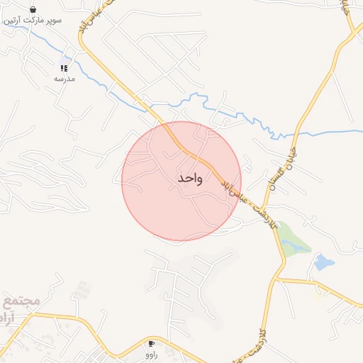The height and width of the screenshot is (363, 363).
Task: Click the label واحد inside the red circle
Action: coord(190,178)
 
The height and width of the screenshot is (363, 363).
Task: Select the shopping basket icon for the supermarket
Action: coord(33,9)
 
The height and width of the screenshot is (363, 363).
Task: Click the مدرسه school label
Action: coord(64,79)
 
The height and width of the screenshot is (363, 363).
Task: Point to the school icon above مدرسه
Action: coord(64,68)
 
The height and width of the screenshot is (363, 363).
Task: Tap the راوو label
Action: coord(151,354)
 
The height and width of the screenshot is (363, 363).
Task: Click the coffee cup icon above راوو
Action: coord(151,343)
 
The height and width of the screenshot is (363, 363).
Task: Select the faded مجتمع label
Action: coord(21,301)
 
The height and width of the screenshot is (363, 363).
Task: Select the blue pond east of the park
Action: coord(323,263)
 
